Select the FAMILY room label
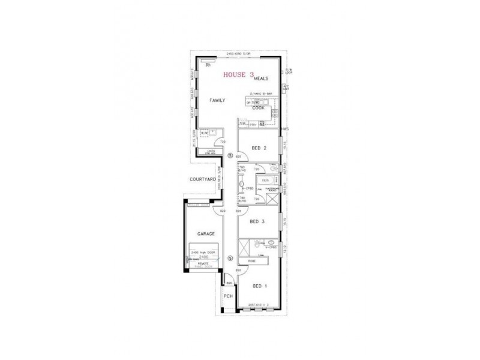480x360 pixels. pyautogui.click(x=217, y=101)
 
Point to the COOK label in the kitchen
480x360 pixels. pyautogui.click(x=258, y=108)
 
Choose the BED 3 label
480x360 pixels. pyautogui.click(x=257, y=221)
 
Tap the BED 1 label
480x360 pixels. pyautogui.click(x=259, y=286)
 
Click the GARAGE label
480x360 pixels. pyautogui.click(x=206, y=233)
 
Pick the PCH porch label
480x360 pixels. pyautogui.click(x=228, y=296)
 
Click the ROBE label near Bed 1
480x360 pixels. pyautogui.click(x=251, y=260)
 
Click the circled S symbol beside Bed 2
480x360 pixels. pyautogui.click(x=231, y=154)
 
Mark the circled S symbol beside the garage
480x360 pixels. pyautogui.click(x=231, y=258)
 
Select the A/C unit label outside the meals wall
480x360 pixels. pyautogui.click(x=286, y=88)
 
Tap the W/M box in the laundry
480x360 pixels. pyautogui.click(x=203, y=133)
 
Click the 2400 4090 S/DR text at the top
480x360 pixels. pyautogui.click(x=238, y=55)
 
